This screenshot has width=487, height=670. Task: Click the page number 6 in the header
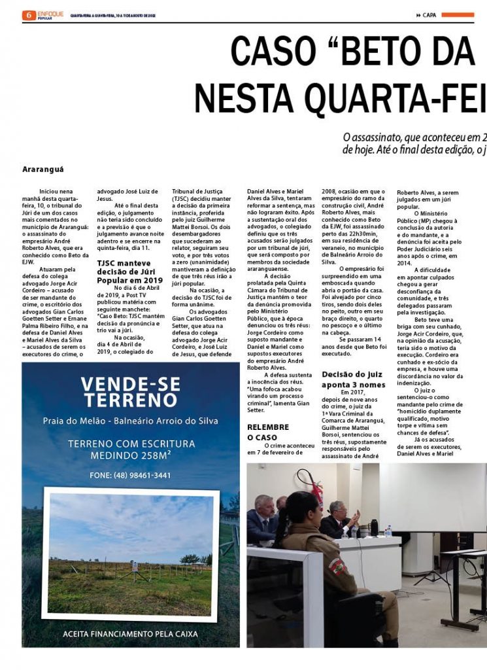(x=28, y=15)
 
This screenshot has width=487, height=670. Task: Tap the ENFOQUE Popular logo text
(x=50, y=14)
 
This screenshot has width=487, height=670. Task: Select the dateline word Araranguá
(x=43, y=169)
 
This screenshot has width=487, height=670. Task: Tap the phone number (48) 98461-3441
(x=131, y=476)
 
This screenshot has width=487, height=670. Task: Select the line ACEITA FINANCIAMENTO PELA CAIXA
(x=131, y=634)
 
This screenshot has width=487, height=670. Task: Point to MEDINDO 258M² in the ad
(x=131, y=456)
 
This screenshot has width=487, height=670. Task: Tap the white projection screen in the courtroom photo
(x=431, y=497)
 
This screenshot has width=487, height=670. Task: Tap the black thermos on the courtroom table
(x=374, y=527)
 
